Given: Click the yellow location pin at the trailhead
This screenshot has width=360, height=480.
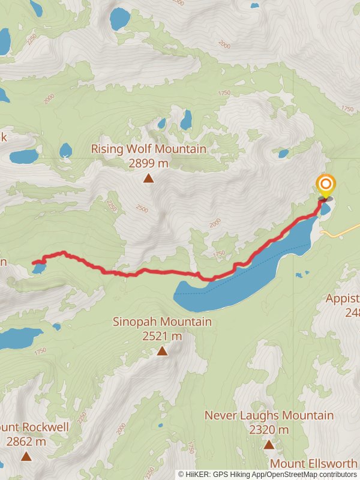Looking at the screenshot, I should pyautogui.click(x=326, y=185).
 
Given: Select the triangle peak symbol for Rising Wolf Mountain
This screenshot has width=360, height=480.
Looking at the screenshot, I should pyautogui.click(x=148, y=178).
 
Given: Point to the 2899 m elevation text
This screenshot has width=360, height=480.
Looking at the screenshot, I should pyautogui.click(x=148, y=163).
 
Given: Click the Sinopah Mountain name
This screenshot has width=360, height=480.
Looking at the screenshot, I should pyautogui.click(x=162, y=322).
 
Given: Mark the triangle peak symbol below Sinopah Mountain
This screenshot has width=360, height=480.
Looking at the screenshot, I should pyautogui.click(x=162, y=350).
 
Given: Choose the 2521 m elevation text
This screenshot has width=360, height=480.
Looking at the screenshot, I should pyautogui.click(x=162, y=336).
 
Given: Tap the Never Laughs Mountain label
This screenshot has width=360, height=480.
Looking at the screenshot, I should pyautogui.click(x=269, y=415).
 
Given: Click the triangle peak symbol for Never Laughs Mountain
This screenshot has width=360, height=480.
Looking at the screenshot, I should pyautogui.click(x=269, y=445).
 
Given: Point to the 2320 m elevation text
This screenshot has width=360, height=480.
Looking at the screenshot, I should pyautogui.click(x=269, y=430).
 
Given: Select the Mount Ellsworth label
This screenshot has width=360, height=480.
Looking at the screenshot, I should pyautogui.click(x=313, y=464).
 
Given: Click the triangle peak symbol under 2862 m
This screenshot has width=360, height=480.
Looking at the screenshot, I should pyautogui.click(x=26, y=456).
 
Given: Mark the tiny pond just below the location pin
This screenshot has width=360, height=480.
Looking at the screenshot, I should pyautogui.click(x=325, y=209).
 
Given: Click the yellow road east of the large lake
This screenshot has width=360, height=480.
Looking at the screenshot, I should pyautogui.click(x=342, y=230).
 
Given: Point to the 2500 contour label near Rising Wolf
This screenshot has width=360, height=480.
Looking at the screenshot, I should pyautogui.click(x=142, y=208).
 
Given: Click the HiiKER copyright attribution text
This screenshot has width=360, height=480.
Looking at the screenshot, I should pyautogui.click(x=268, y=474).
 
